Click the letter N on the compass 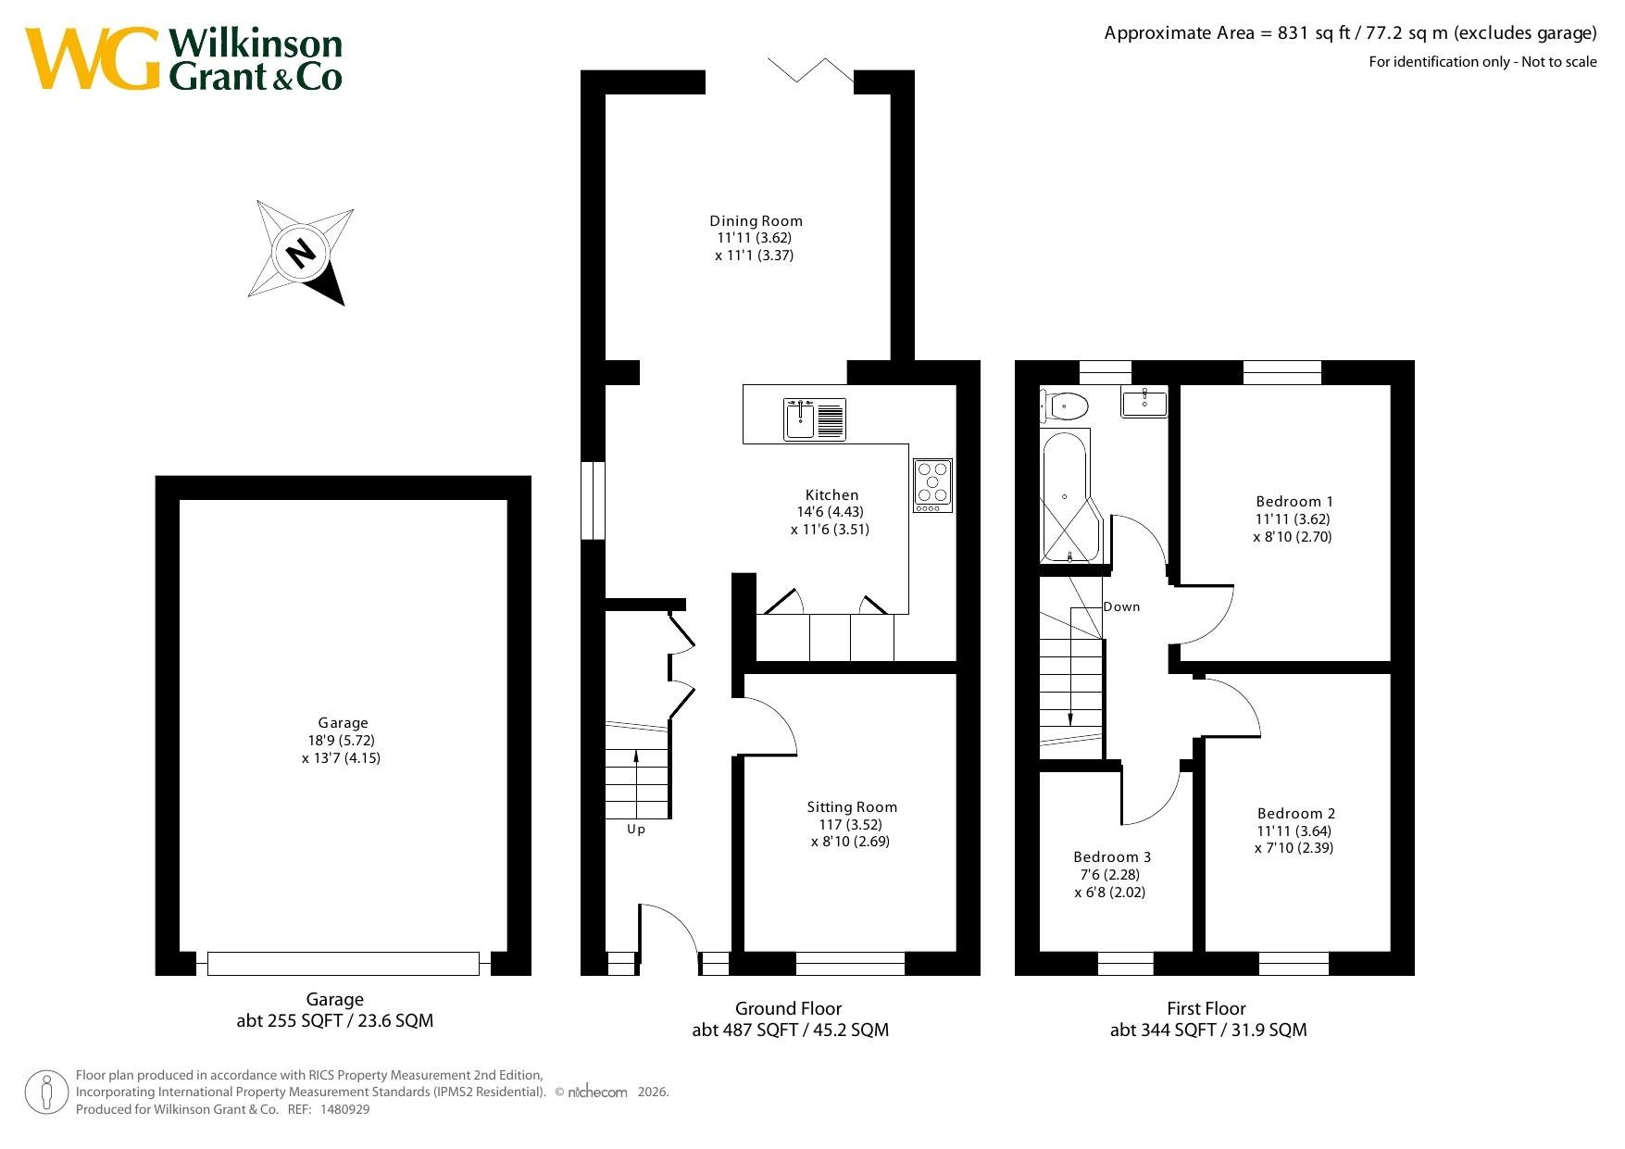click(301, 252)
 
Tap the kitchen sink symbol click(815, 419)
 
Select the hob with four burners click(932, 486)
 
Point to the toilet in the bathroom click(1064, 406)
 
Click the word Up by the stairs click(636, 829)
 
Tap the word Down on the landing click(1121, 606)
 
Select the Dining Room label click(756, 220)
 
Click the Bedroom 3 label click(1112, 856)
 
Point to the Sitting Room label click(852, 806)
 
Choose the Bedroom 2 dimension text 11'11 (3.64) click(1294, 831)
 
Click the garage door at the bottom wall click(344, 964)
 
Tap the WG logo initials click(93, 59)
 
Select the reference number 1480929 click(344, 1109)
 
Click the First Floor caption click(1206, 1008)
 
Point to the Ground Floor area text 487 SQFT click(764, 1030)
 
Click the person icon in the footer click(46, 1093)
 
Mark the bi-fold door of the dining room click(810, 71)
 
